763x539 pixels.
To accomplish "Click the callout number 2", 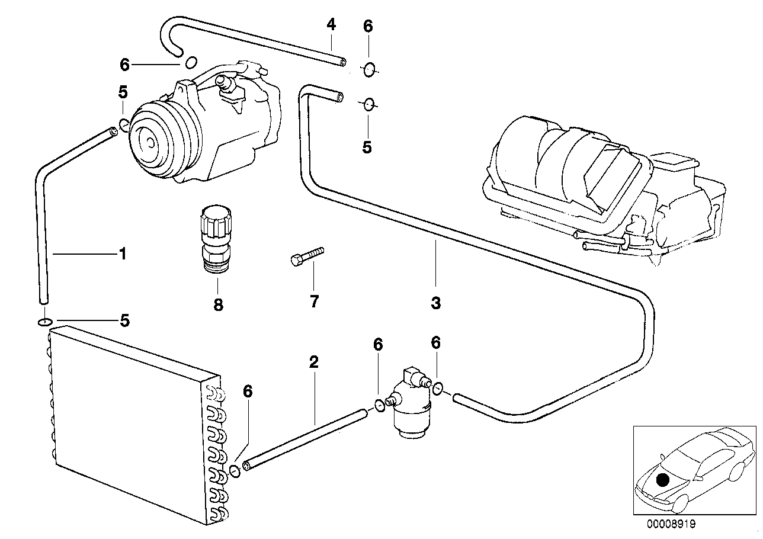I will pyautogui.click(x=314, y=362).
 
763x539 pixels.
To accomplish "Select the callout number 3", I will pyautogui.click(x=435, y=304).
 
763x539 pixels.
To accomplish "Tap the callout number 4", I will pyautogui.click(x=331, y=25).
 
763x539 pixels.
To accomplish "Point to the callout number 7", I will pyautogui.click(x=314, y=301).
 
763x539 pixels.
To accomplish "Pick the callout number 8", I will pyautogui.click(x=218, y=304).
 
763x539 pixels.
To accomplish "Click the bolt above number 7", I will pyautogui.click(x=306, y=256).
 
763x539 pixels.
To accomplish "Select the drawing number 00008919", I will pyautogui.click(x=671, y=524).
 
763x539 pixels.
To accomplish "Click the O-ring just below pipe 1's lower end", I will pyautogui.click(x=44, y=322).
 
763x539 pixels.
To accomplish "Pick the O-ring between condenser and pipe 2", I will pyautogui.click(x=235, y=471).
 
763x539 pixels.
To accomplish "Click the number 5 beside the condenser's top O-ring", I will pyautogui.click(x=124, y=320).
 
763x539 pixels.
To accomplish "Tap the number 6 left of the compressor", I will pyautogui.click(x=124, y=64).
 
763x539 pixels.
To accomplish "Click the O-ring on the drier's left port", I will pyautogui.click(x=379, y=406).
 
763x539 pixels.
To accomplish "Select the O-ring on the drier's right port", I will pyautogui.click(x=437, y=389).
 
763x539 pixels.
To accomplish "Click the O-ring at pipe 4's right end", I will pyautogui.click(x=368, y=70).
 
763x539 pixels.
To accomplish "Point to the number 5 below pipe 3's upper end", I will pyautogui.click(x=367, y=147).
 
